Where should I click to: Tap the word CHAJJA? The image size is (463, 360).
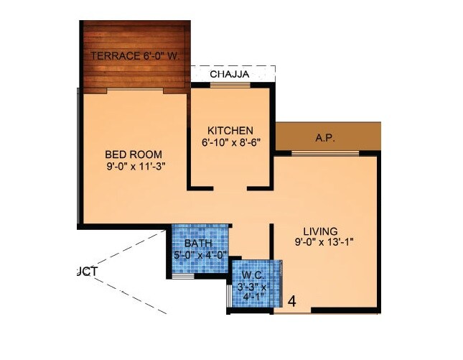point(230,73)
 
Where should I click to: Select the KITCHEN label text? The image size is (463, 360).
point(230,130)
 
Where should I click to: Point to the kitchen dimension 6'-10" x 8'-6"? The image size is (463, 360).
point(230,142)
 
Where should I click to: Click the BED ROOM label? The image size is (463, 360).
point(134,154)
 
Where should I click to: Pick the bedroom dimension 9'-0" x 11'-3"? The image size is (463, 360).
point(134,167)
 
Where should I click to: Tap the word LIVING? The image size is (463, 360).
point(320,231)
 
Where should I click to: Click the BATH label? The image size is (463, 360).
point(197,243)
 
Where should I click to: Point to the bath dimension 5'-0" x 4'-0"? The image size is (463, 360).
point(199,254)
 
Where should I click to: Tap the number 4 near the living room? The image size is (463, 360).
point(292,301)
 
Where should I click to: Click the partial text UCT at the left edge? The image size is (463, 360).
point(86,271)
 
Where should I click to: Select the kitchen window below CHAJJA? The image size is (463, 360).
point(230,86)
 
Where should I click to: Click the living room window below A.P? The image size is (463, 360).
point(325,153)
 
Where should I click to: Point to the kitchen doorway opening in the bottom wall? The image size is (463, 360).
point(230,188)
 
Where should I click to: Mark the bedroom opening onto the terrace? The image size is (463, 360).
point(134,91)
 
